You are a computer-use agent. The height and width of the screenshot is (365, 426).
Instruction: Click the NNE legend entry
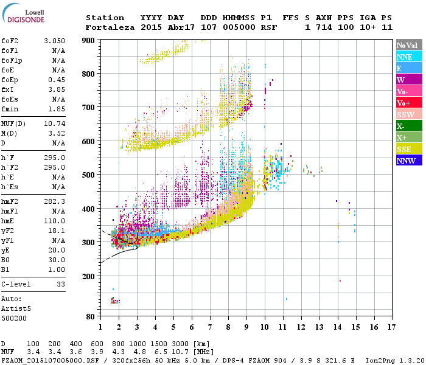point(409,57)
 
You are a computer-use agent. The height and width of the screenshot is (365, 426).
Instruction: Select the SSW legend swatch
point(409,114)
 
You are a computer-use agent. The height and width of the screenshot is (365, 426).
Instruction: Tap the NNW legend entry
point(409,161)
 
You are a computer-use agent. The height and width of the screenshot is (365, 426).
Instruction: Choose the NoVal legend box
point(409,45)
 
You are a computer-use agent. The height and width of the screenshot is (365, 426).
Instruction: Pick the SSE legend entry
point(409,149)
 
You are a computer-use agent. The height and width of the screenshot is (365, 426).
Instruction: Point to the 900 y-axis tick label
point(89,40)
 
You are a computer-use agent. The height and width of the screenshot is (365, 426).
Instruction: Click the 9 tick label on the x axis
point(246,327)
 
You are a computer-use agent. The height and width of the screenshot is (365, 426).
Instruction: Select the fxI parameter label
point(8,89)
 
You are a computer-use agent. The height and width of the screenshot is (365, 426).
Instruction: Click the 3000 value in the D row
point(180,344)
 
